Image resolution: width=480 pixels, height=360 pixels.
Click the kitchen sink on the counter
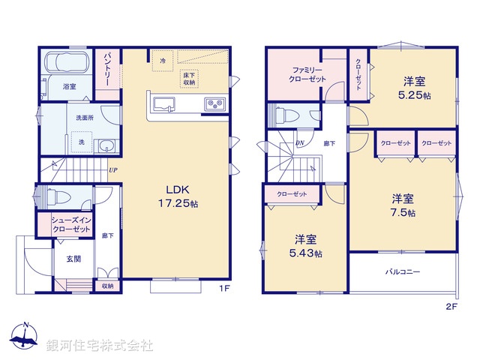coord(163,103)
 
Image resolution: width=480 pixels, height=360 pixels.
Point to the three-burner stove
coord(215,104)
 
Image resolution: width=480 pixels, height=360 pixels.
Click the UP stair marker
coord(112,170)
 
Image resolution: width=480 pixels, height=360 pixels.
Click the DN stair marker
coord(300,142)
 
